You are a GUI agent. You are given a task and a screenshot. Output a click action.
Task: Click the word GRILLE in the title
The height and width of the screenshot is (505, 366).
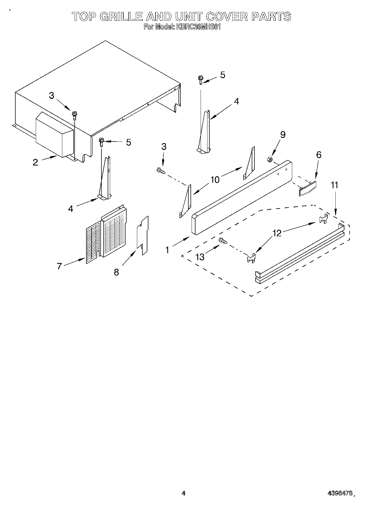point(121,17)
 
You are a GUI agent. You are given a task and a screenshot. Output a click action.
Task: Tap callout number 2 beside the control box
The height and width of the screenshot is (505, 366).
point(35,162)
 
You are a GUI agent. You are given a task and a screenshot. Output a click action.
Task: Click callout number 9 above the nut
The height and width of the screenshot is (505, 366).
point(283,134)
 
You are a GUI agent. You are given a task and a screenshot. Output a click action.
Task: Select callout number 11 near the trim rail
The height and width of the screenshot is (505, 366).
point(334,185)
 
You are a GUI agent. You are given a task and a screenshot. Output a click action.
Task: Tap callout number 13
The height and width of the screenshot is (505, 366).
point(200,257)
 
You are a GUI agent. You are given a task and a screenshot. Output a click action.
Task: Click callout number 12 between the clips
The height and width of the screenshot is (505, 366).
point(277,233)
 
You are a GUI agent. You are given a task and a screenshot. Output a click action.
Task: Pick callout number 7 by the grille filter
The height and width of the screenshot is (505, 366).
point(60,266)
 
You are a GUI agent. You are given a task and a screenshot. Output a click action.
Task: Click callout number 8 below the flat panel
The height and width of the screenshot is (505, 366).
point(116,272)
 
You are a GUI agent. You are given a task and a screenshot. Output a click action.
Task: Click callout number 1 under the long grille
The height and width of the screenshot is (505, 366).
point(167,250)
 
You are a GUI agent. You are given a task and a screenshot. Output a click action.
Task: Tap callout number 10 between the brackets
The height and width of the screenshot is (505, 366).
point(215,179)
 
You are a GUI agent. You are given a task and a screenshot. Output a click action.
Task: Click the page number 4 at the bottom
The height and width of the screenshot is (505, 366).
point(183,493)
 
